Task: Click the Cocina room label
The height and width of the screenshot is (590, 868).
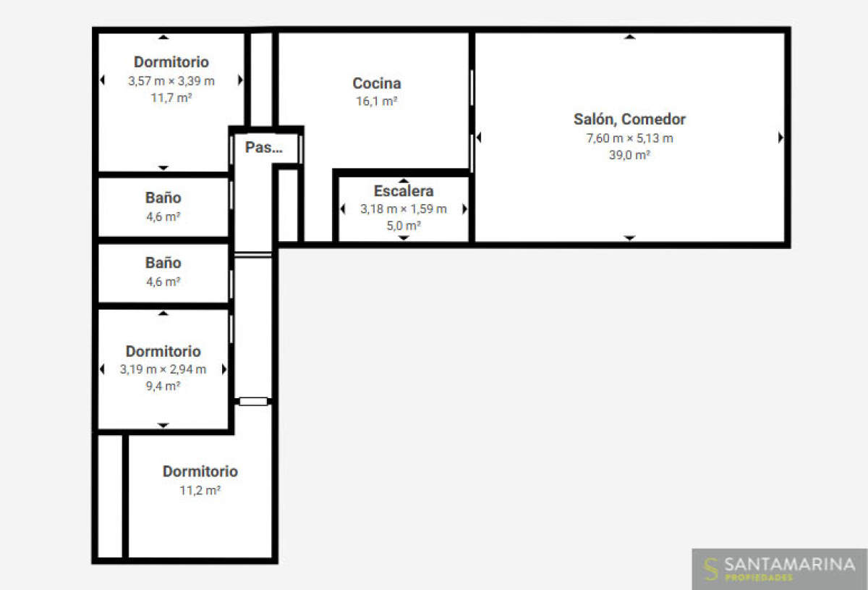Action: (x=377, y=83)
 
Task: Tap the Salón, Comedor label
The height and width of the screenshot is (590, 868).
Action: (x=630, y=119)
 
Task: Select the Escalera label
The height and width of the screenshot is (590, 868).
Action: (x=404, y=191)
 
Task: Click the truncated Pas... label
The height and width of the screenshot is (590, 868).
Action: (x=263, y=147)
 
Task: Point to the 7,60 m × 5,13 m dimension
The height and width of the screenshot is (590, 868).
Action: (x=630, y=138)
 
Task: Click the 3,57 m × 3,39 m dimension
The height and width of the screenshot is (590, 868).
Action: (x=171, y=81)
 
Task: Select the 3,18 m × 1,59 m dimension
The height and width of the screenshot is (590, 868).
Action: (x=404, y=209)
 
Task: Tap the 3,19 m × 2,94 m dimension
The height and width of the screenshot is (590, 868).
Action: (x=163, y=369)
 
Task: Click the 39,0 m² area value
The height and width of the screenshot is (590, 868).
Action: (x=630, y=155)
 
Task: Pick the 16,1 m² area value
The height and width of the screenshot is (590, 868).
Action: (x=377, y=101)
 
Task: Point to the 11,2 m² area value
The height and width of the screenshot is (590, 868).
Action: (x=200, y=490)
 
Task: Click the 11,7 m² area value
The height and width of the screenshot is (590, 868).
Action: (x=171, y=98)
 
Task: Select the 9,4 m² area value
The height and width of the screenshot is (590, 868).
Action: (x=163, y=386)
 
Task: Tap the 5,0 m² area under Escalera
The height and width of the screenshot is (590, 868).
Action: (x=404, y=225)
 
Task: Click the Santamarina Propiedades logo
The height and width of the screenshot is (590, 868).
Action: (x=779, y=569)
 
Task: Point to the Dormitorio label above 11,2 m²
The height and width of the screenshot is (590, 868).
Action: (x=200, y=472)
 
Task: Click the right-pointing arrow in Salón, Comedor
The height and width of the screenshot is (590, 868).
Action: (x=780, y=138)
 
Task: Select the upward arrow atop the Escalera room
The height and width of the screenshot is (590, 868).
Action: (x=404, y=180)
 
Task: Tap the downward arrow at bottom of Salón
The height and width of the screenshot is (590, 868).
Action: (x=630, y=237)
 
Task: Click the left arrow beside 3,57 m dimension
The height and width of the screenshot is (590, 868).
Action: (x=102, y=80)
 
